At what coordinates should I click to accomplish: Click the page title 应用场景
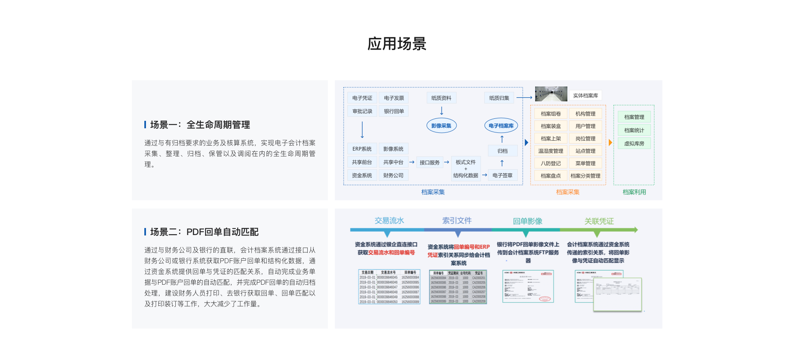[x=397, y=44]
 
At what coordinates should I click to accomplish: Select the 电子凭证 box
[x=362, y=98]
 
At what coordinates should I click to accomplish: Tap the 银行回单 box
[x=394, y=111]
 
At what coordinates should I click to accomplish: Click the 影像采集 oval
[x=441, y=126]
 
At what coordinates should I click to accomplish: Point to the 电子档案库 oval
[x=501, y=126]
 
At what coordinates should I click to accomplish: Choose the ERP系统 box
[x=362, y=149]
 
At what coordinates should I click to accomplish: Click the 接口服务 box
[x=430, y=163]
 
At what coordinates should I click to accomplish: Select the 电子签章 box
[x=502, y=175]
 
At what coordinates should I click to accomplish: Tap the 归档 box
[x=502, y=151]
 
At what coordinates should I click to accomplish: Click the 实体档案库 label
[x=585, y=96]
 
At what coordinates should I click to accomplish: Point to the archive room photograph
[x=551, y=94]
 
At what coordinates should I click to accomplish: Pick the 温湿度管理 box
[x=550, y=151]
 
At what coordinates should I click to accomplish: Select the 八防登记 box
[x=550, y=163]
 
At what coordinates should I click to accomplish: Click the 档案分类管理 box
[x=585, y=176]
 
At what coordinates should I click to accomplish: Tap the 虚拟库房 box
[x=634, y=144]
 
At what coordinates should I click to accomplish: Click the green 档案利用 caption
[x=634, y=192]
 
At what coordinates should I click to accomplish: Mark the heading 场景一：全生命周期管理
[x=200, y=125]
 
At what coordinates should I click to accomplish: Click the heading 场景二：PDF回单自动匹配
[x=204, y=232]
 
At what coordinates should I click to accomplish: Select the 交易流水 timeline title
[x=389, y=221]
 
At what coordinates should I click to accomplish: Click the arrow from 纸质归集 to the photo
[x=524, y=98]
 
